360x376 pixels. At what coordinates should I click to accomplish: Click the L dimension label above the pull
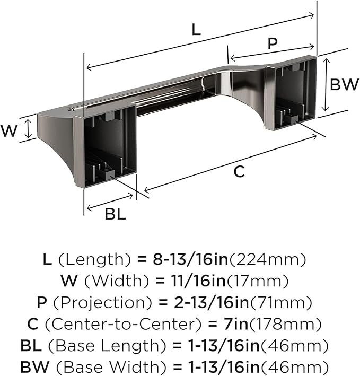[x=196, y=30]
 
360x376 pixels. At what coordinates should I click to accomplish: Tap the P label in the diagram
[x=273, y=43]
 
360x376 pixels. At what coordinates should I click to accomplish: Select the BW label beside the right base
[x=344, y=84]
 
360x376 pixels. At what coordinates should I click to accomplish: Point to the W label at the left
[x=9, y=131]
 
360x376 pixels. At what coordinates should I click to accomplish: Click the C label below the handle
[x=239, y=172]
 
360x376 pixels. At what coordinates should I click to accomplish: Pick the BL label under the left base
[x=115, y=214]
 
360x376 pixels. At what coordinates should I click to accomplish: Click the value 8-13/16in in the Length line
[x=190, y=259]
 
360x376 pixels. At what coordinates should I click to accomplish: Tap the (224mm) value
[x=268, y=259]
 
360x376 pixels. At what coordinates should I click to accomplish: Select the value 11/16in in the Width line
[x=198, y=281]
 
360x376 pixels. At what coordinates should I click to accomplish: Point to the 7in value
[x=236, y=324]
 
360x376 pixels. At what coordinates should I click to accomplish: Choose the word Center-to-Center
[x=122, y=324]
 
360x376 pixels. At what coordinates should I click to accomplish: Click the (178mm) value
[x=285, y=324]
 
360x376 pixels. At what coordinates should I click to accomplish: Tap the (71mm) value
[x=281, y=303]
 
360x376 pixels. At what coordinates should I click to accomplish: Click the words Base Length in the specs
[x=107, y=346]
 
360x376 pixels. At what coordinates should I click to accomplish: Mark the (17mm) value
[x=258, y=281]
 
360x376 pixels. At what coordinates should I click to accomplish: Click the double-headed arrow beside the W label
[x=29, y=129]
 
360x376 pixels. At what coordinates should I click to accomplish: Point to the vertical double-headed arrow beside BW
[x=325, y=85]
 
